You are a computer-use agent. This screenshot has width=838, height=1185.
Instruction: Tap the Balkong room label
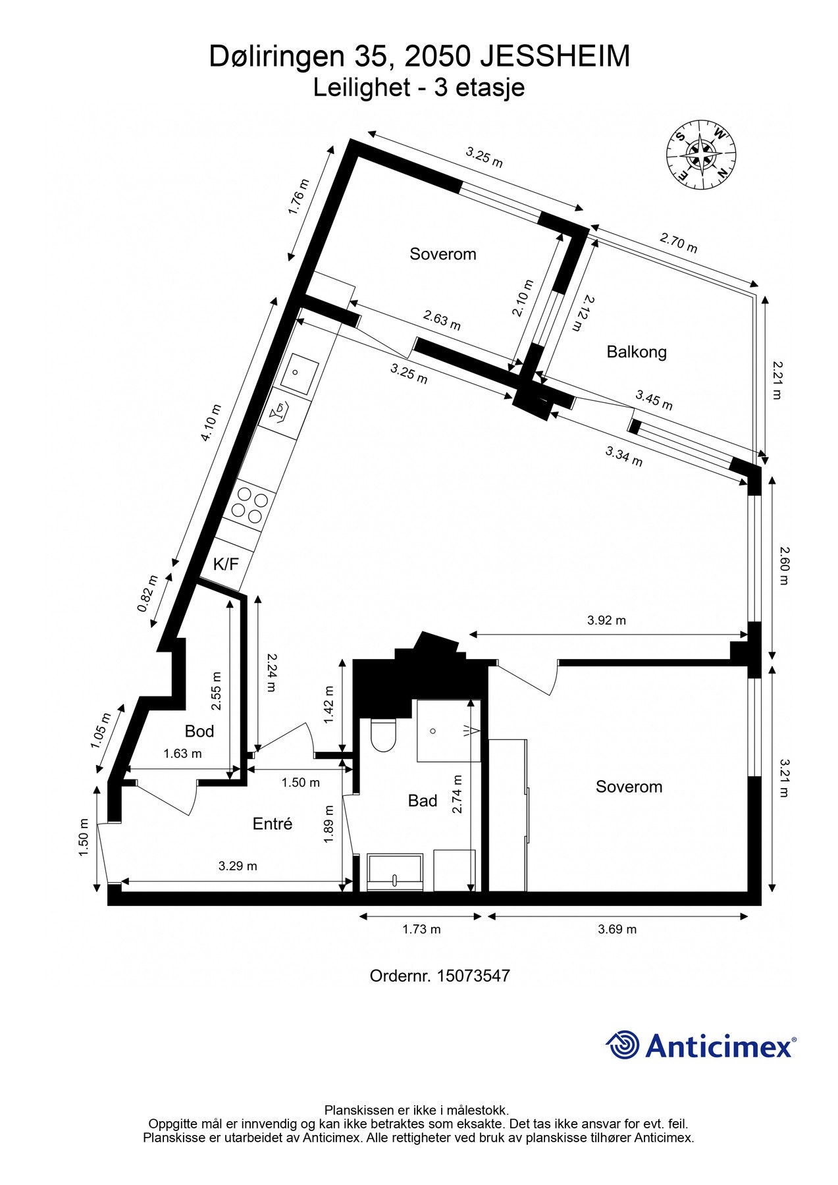[x=636, y=352]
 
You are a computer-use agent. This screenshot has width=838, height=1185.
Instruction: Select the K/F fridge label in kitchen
[x=226, y=564]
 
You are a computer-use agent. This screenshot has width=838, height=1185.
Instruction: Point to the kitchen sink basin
[x=297, y=375]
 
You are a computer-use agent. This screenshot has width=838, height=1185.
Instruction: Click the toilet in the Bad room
[x=383, y=735]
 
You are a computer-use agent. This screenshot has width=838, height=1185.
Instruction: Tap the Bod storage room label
[x=199, y=731]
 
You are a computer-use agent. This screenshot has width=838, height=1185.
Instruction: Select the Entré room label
[x=272, y=824]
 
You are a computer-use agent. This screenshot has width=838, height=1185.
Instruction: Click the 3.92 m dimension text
[x=606, y=620]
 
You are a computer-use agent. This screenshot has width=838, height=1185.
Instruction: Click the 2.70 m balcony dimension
[x=678, y=243]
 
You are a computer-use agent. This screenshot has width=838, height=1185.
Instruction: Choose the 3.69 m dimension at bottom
[x=617, y=930]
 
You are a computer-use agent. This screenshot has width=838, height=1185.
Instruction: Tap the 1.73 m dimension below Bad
[x=421, y=930]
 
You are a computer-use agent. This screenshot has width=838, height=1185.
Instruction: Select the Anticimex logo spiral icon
[x=623, y=1045]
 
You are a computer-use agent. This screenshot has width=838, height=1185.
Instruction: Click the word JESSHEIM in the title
[x=554, y=57]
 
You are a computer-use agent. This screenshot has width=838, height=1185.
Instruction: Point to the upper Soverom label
[x=442, y=254]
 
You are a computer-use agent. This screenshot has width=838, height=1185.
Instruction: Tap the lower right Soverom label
[x=629, y=787]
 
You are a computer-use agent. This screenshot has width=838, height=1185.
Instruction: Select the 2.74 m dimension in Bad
[x=458, y=794]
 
